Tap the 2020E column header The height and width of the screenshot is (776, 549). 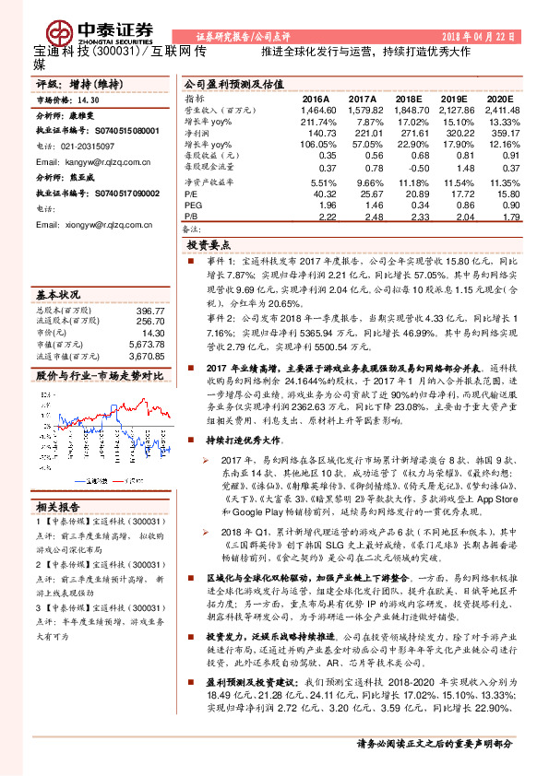coord(497,99)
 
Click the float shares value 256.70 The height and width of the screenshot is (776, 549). coord(151,322)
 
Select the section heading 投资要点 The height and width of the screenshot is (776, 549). coord(208,246)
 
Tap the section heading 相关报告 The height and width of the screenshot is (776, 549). coord(60,507)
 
